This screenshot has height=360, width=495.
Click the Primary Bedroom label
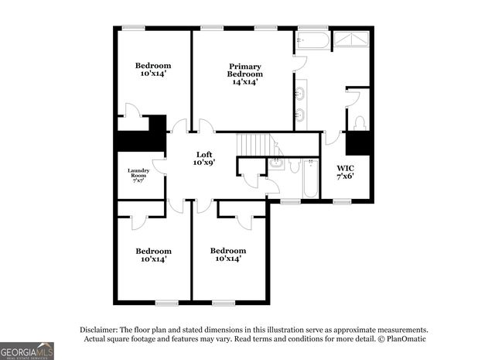point(244,74)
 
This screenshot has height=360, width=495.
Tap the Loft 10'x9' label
point(204,158)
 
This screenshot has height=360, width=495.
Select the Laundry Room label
point(138,174)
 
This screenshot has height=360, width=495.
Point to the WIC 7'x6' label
point(345,172)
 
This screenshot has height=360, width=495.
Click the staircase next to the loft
point(255,144)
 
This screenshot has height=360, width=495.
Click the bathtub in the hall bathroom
point(310,179)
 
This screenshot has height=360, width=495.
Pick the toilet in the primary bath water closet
point(359,123)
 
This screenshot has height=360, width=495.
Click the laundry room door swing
point(159,166)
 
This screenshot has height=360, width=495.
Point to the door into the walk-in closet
point(333,138)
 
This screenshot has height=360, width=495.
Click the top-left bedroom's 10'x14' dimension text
point(153,74)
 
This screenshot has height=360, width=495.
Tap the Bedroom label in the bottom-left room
point(153,251)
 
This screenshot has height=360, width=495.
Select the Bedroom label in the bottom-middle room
point(229,251)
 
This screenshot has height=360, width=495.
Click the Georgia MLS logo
point(27,351)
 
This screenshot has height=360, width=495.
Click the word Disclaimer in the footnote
point(102,329)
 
